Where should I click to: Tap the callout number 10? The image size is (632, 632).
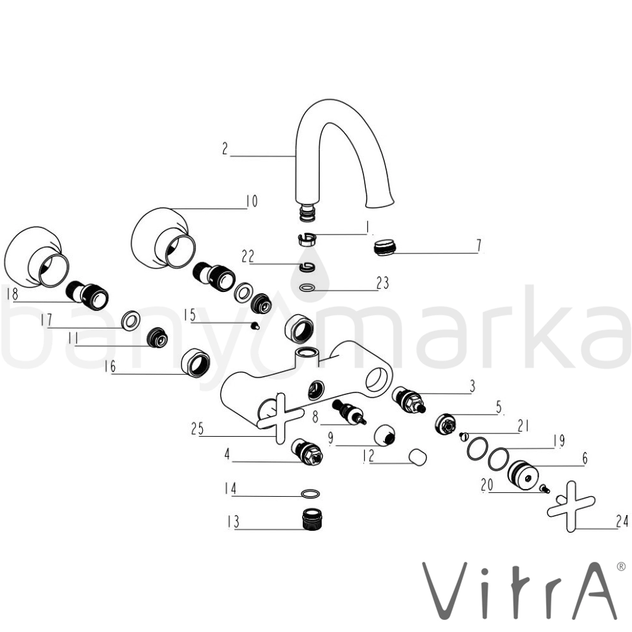click(x=252, y=201)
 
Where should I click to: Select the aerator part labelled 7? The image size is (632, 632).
click(x=386, y=246)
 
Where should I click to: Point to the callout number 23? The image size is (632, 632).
click(x=382, y=283)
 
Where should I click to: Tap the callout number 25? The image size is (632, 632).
click(x=197, y=428)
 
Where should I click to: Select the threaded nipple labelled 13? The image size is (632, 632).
click(x=310, y=520)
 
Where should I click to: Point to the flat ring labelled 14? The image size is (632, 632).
click(x=311, y=494)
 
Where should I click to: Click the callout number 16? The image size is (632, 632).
click(x=109, y=367)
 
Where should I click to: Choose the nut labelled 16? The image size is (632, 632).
click(x=195, y=362)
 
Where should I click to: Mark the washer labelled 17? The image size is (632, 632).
click(x=131, y=320)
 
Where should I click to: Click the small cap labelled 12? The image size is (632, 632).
click(x=418, y=457)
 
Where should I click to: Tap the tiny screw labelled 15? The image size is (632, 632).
click(x=254, y=325)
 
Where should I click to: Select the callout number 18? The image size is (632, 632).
click(x=12, y=293)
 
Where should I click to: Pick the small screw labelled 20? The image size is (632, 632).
click(x=545, y=489)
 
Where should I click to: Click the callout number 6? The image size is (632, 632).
click(x=585, y=458)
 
